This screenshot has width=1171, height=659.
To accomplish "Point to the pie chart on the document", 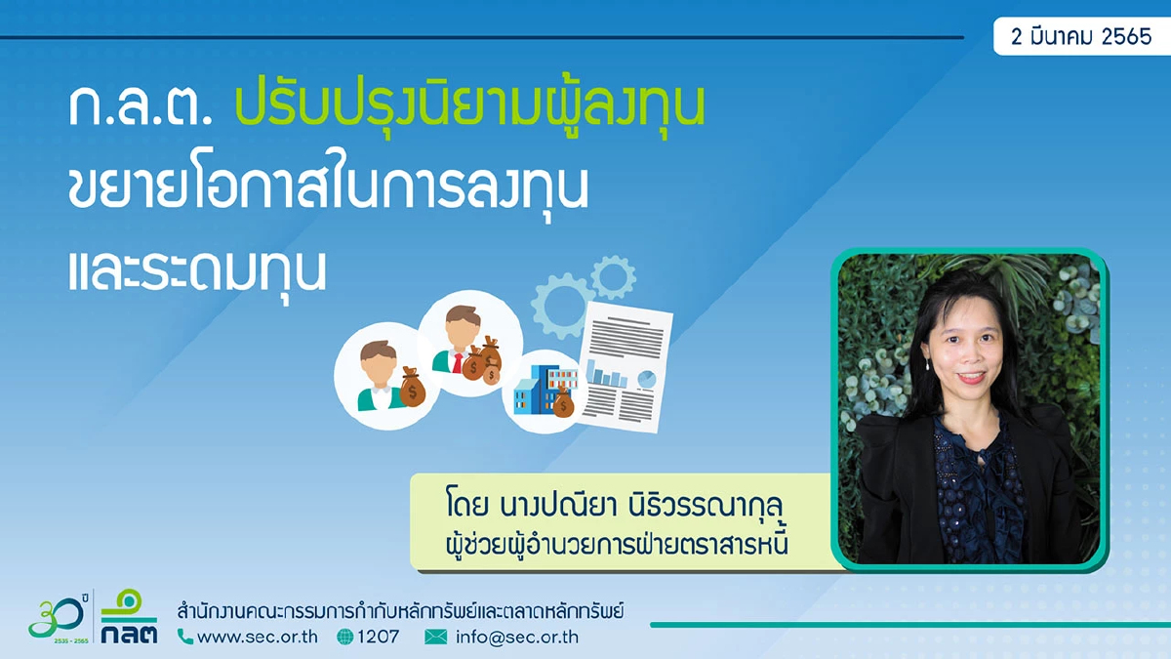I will pos(646,379).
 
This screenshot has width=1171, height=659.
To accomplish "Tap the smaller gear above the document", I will pos(613,276).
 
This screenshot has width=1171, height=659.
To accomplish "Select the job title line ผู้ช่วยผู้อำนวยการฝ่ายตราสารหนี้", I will pos(614,544).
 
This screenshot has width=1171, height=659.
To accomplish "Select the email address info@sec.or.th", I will pos(516,637).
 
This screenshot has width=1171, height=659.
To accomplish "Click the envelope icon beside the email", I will pos(436,637).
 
